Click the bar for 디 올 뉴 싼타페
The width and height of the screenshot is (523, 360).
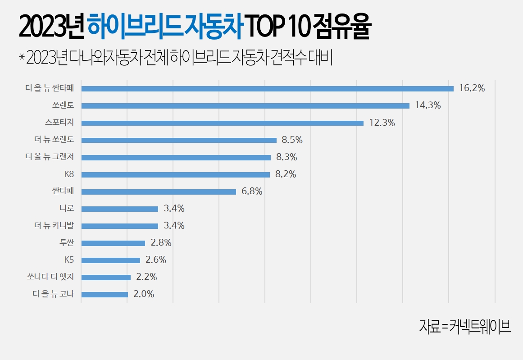tap(267, 89)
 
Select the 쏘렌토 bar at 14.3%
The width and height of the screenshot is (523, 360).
tap(245, 106)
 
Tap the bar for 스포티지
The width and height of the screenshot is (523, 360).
tap(222, 123)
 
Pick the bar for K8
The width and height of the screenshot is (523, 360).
tap(175, 174)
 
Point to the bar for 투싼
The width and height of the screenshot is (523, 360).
tap(113, 243)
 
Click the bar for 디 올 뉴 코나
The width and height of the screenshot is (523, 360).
tap(105, 295)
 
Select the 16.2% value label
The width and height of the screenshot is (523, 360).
tap(472, 89)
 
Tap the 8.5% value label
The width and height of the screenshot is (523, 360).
tap(292, 140)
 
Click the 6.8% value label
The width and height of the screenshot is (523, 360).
tap(252, 191)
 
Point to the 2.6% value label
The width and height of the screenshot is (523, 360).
tap(156, 260)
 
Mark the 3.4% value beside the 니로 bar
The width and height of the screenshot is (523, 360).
tap(174, 209)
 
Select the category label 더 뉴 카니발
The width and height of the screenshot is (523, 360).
tap(54, 226)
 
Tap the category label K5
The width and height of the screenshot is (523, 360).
tap(69, 260)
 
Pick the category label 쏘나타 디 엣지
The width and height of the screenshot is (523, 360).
tap(50, 277)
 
